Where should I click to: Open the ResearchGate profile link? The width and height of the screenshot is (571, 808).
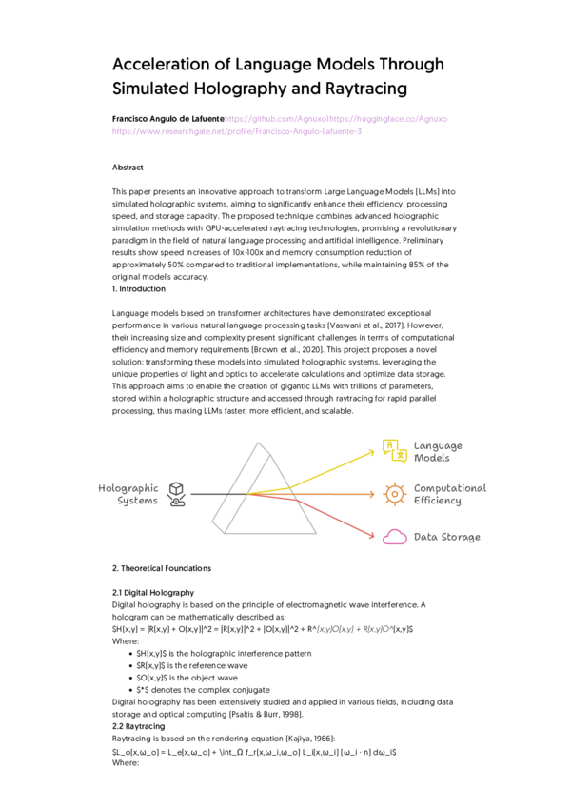point(237,131)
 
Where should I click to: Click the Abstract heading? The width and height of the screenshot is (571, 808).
point(128,167)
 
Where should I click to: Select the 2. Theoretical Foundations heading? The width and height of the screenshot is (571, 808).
point(162,568)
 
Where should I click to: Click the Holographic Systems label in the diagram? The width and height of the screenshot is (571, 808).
point(128,494)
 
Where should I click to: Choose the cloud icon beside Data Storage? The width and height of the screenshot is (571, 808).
point(394,538)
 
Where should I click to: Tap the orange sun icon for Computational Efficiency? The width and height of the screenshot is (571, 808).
point(392,493)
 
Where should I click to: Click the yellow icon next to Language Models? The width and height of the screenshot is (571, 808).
point(393,451)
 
